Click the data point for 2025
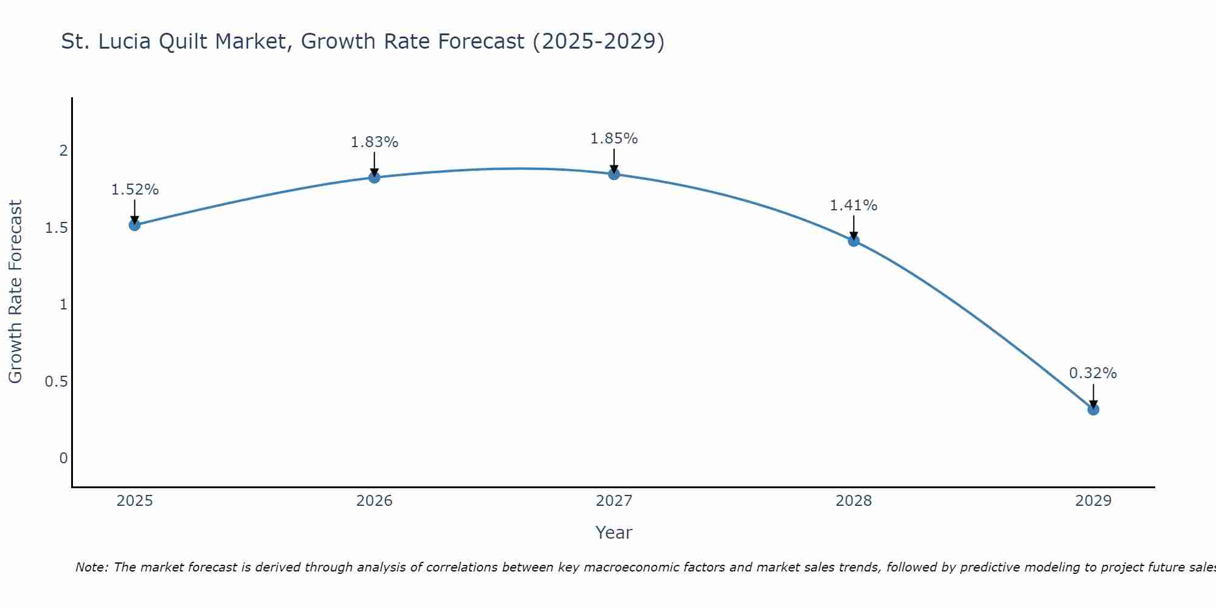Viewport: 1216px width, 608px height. click(134, 225)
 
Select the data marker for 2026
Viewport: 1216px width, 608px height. click(374, 178)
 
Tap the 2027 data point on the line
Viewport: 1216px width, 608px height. click(614, 174)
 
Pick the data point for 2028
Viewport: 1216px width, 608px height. click(854, 241)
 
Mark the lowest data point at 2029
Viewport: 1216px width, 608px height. click(1093, 409)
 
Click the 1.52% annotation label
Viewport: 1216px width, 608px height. click(134, 190)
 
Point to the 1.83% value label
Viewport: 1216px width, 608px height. click(374, 142)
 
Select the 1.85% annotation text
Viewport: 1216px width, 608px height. click(614, 139)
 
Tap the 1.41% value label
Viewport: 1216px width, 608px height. click(854, 206)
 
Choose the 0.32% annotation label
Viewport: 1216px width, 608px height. click(1093, 373)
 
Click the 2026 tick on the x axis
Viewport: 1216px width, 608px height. click(374, 501)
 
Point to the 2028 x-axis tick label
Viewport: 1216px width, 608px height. click(854, 501)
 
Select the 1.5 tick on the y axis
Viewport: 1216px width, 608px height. click(56, 228)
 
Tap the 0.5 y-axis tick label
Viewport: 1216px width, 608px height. click(56, 382)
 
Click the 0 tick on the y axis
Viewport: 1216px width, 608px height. click(63, 458)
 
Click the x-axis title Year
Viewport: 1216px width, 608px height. click(614, 533)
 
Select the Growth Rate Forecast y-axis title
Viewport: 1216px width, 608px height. click(15, 292)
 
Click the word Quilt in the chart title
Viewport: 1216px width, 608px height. click(185, 41)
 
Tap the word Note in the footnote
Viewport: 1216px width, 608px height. click(91, 567)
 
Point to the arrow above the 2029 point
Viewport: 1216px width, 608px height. click(1093, 395)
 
